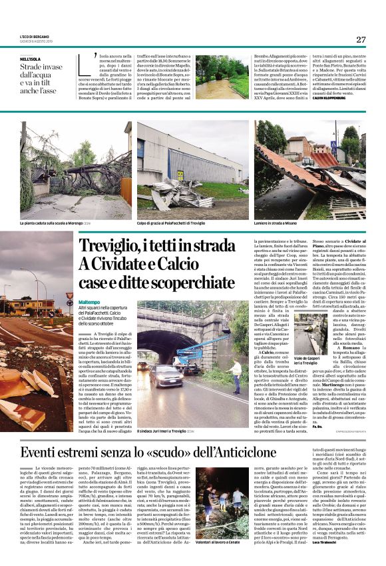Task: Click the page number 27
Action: pyautogui.click(x=360, y=39)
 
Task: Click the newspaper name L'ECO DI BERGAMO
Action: pyautogui.click(x=36, y=35)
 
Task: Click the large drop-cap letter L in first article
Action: pyautogui.click(x=85, y=64)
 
